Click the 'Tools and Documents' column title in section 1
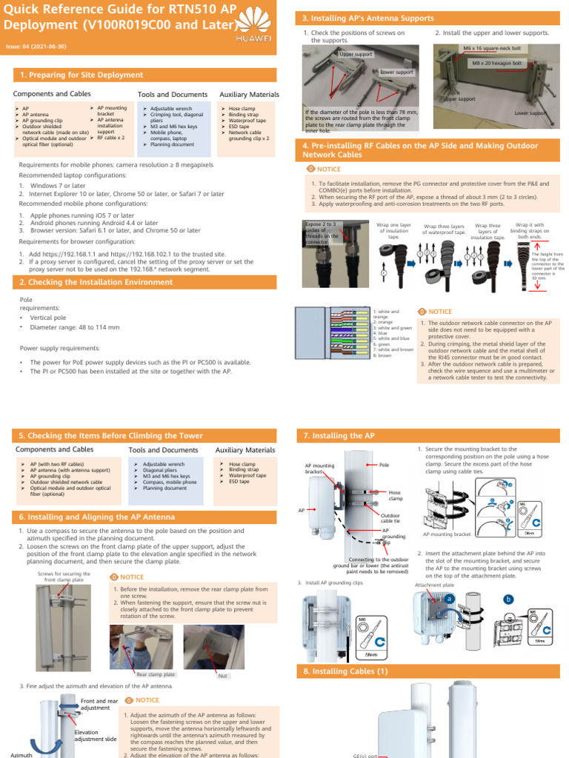tap(173, 95)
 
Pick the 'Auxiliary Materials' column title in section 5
tap(244, 450)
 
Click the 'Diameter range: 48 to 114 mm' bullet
tap(74, 326)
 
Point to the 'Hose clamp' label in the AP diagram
tap(395, 495)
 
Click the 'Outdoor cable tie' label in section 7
tap(390, 518)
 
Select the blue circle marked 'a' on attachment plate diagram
tap(449, 598)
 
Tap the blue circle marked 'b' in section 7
tap(508, 599)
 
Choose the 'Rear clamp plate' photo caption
tap(156, 674)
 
